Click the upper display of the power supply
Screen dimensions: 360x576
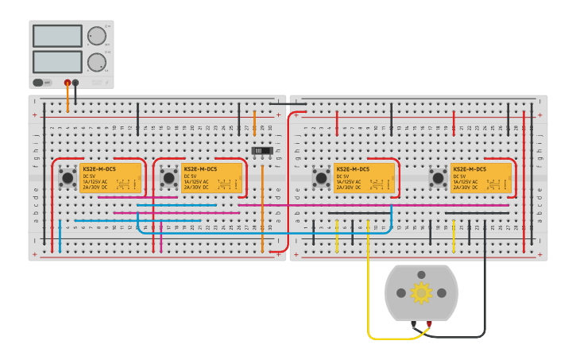tap(57, 36)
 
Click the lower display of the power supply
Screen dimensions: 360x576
tap(57, 61)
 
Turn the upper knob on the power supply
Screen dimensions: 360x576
tap(96, 36)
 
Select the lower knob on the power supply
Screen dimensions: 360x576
tap(96, 62)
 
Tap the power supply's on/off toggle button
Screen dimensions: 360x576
tap(38, 82)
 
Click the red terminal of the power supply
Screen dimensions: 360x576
tap(67, 82)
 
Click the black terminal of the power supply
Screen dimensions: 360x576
tap(75, 82)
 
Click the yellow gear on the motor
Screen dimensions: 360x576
tap(421, 293)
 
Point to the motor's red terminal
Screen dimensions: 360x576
tap(429, 324)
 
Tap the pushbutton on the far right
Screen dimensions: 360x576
tap(438, 176)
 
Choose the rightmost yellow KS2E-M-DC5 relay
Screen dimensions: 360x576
tap(481, 179)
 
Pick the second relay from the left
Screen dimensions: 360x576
tap(211, 179)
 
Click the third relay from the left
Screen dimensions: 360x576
tap(364, 179)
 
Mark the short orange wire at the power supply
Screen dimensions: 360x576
tap(68, 99)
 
